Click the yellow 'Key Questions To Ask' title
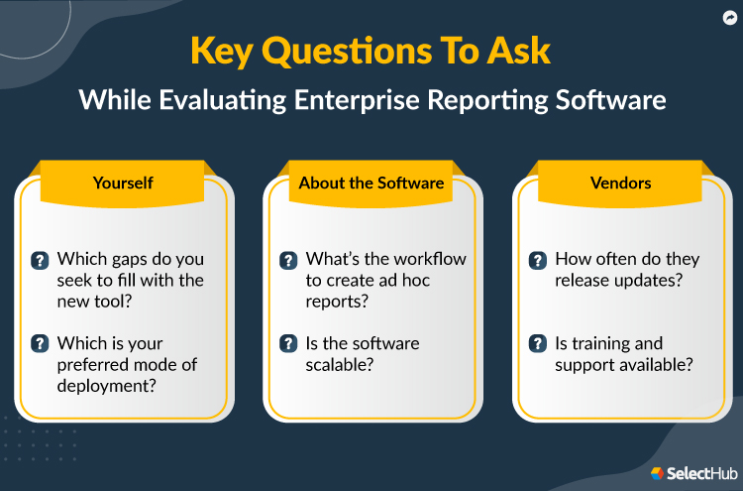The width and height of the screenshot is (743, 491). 371,53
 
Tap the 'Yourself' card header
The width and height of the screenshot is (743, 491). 124,183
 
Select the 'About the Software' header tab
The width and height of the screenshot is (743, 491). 371,183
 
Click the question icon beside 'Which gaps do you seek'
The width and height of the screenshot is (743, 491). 40,261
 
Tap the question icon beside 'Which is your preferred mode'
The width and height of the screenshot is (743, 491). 40,343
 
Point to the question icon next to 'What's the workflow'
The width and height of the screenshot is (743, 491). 288,261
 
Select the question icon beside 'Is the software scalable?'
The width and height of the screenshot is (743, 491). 288,343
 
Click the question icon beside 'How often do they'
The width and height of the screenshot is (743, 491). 537,261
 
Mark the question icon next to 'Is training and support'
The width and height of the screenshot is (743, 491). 537,343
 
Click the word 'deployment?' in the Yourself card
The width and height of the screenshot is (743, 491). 105,387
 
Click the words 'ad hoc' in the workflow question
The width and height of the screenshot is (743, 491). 403,281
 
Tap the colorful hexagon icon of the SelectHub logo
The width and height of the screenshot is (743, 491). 658,474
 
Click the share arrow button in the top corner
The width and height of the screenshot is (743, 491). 727,18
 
